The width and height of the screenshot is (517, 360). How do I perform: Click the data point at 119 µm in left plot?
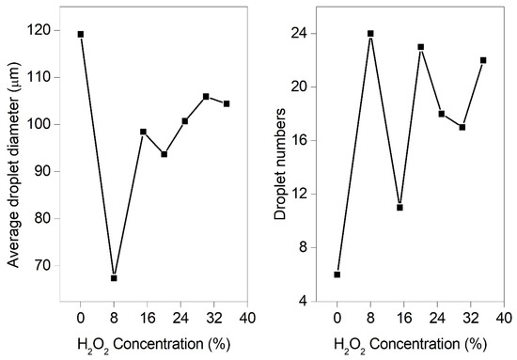coord(81,34)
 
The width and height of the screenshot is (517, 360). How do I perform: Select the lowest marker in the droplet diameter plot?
coord(114,278)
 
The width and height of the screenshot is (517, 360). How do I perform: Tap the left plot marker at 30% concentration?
coord(206,96)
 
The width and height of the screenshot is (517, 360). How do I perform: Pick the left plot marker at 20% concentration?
coord(164,154)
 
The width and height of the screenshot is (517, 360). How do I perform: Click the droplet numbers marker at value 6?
coord(337,274)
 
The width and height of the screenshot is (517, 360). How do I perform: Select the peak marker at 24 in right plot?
coord(370,34)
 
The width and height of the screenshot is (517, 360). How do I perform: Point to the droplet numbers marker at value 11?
coord(399,208)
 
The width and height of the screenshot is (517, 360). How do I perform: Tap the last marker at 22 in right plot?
coord(483,60)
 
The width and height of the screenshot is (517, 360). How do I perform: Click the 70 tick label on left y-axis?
coord(54,266)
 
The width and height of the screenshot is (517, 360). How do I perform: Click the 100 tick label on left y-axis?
coord(50,124)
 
